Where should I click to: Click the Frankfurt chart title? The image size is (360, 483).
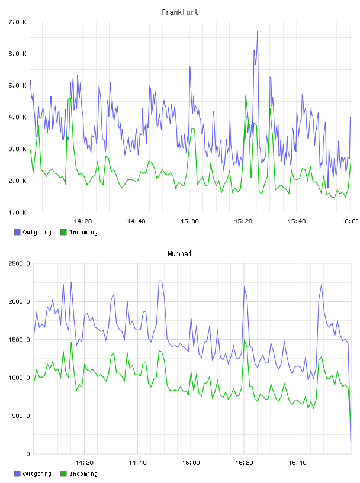pyautogui.click(x=180, y=12)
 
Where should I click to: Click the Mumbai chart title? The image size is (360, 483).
pyautogui.click(x=179, y=254)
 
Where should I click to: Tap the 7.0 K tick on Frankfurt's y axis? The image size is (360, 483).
pyautogui.click(x=18, y=22)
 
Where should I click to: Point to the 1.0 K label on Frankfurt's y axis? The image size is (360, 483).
pyautogui.click(x=18, y=212)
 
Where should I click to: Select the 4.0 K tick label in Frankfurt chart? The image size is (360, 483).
pyautogui.click(x=18, y=117)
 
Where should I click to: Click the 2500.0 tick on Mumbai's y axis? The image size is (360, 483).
pyautogui.click(x=20, y=263)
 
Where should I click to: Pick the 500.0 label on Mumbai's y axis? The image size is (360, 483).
pyautogui.click(x=21, y=416)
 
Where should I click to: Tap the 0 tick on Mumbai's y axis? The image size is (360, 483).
pyautogui.click(x=28, y=454)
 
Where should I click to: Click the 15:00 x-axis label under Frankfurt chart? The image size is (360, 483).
pyautogui.click(x=189, y=221)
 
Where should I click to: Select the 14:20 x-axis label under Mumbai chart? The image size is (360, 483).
pyautogui.click(x=84, y=463)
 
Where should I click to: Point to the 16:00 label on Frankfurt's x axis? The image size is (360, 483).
pyautogui.click(x=351, y=221)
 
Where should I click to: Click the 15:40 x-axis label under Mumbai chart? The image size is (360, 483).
pyautogui.click(x=297, y=463)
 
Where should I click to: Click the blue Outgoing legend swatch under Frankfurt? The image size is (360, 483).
pyautogui.click(x=17, y=232)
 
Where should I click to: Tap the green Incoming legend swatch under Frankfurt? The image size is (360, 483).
pyautogui.click(x=63, y=232)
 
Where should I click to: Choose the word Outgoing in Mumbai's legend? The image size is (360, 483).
pyautogui.click(x=37, y=474)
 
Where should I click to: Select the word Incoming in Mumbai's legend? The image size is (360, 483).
pyautogui.click(x=83, y=474)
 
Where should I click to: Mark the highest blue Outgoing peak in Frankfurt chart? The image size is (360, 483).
pyautogui.click(x=258, y=31)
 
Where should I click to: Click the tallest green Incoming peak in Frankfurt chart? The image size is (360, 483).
pyautogui.click(x=246, y=96)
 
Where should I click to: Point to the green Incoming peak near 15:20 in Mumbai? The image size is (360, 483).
pyautogui.click(x=244, y=340)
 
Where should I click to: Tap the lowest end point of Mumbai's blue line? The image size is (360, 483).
pyautogui.click(x=351, y=442)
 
